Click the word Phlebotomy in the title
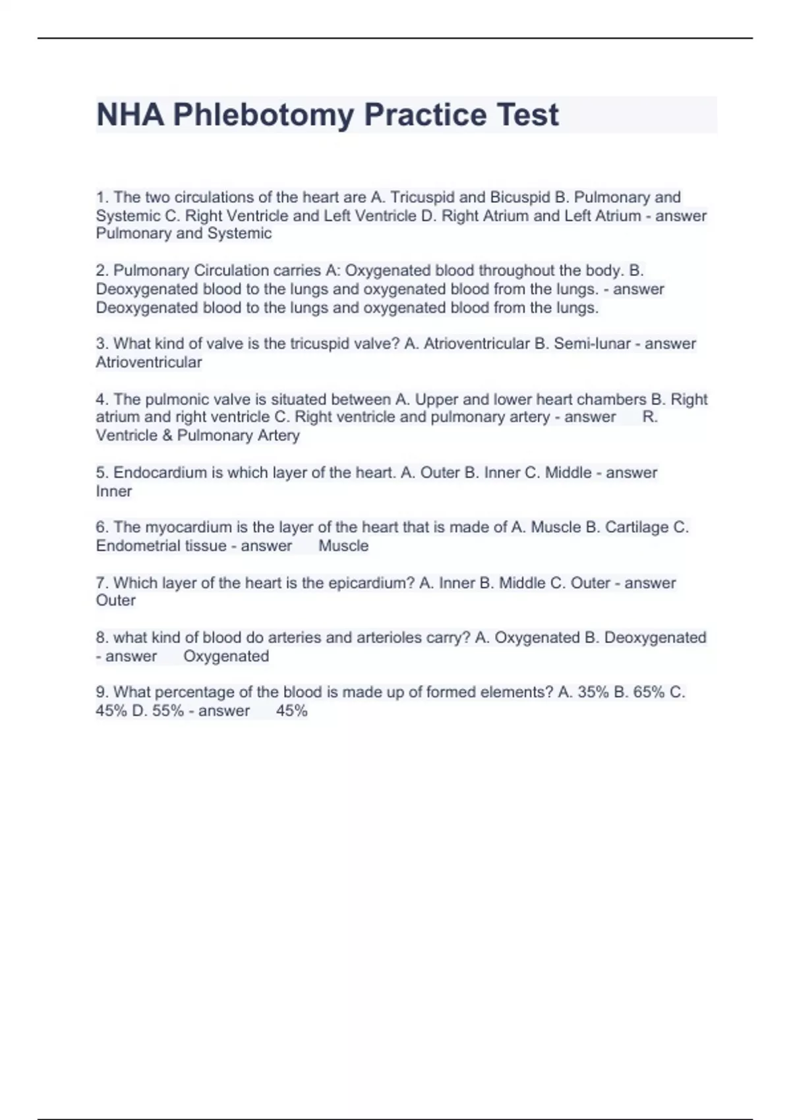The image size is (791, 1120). (x=264, y=115)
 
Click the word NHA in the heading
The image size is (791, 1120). (x=130, y=115)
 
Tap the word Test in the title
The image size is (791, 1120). (x=527, y=115)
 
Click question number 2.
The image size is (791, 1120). (x=102, y=271)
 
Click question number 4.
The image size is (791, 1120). (x=102, y=399)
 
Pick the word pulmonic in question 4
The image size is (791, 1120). (x=173, y=399)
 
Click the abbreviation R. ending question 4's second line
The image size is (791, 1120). (x=650, y=417)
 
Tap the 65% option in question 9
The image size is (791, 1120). (x=649, y=692)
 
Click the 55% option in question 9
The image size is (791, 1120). (x=167, y=711)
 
